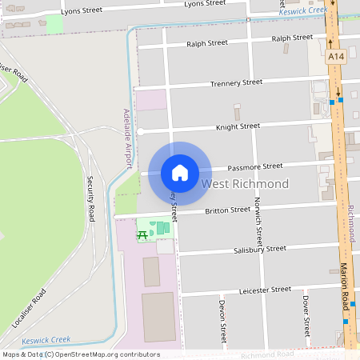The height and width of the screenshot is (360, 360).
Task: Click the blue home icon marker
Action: click(180, 173)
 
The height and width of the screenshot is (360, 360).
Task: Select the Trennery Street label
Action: click(236, 83)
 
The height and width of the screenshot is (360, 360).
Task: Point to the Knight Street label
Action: click(238, 126)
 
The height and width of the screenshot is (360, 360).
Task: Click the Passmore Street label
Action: click(254, 166)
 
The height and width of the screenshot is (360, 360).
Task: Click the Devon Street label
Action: click(222, 318)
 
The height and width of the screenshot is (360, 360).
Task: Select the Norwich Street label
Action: click(258, 221)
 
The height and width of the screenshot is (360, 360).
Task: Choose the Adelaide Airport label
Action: click(126, 139)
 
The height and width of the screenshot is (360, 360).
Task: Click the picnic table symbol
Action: click(142, 234)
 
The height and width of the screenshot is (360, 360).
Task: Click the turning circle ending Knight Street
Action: click(140, 131)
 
